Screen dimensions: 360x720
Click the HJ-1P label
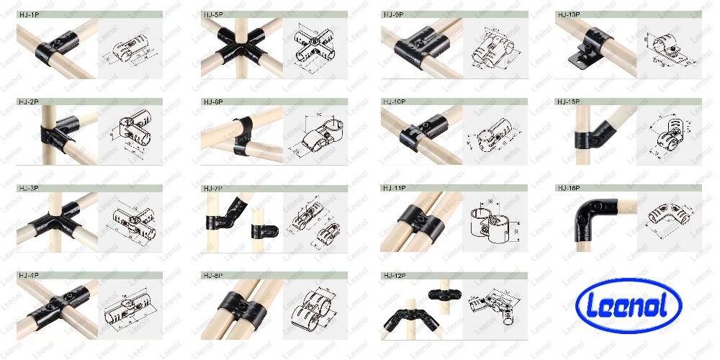[x=30, y=14]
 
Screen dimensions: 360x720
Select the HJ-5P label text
[x=214, y=14]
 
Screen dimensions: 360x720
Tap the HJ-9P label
[x=394, y=14]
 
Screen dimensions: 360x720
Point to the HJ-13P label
[x=570, y=14]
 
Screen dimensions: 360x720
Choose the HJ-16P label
[x=570, y=189]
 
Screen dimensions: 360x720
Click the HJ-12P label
[x=395, y=276]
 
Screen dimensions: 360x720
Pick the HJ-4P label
[x=30, y=276]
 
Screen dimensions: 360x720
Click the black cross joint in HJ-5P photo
[x=239, y=47]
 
